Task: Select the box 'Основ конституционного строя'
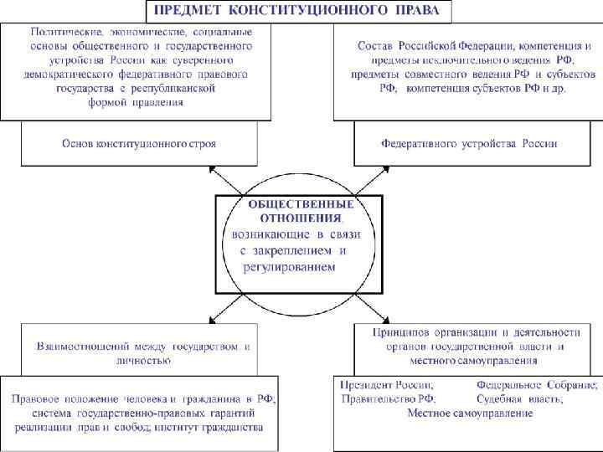coord(139,143)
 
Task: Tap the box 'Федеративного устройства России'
coord(468,143)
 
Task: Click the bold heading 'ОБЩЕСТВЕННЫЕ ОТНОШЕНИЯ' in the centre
coord(300,212)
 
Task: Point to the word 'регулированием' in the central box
coord(289,267)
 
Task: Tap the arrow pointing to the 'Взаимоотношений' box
coord(216,315)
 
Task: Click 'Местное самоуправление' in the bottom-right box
coord(469,413)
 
